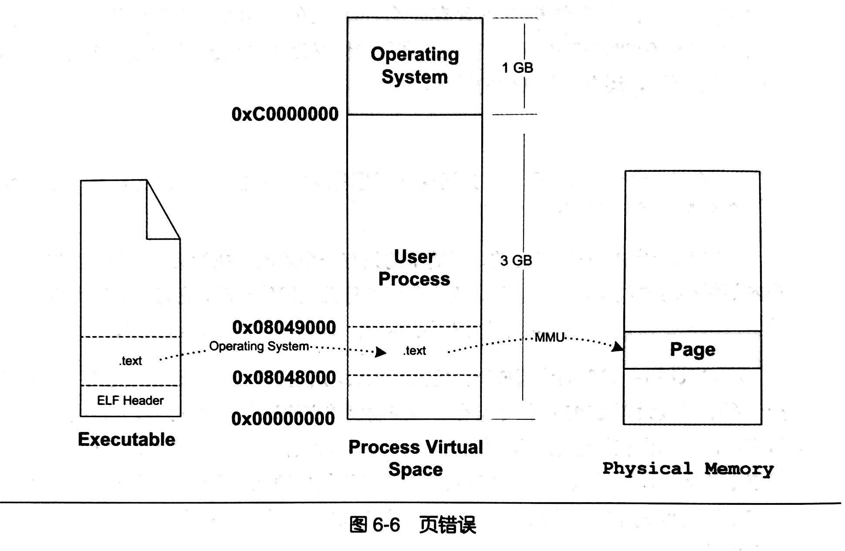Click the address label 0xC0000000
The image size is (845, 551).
[x=285, y=114]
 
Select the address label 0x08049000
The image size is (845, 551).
[x=284, y=327]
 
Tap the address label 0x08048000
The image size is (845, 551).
[x=284, y=378]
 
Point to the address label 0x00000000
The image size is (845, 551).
[x=283, y=418]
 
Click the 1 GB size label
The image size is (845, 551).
[x=517, y=68]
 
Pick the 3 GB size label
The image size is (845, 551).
[x=516, y=261]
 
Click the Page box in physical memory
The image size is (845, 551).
[x=693, y=350]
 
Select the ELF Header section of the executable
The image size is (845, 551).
[x=130, y=401]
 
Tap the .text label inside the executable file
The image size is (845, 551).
[x=131, y=361]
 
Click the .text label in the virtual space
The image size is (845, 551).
[x=415, y=350]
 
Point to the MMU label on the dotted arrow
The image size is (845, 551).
[x=549, y=337]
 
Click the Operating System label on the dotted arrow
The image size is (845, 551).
[x=259, y=346]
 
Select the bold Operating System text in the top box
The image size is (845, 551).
[x=415, y=65]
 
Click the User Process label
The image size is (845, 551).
[x=414, y=268]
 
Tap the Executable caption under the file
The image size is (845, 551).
[x=127, y=439]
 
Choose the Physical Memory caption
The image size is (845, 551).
[x=688, y=469]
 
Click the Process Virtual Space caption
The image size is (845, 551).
[x=416, y=458]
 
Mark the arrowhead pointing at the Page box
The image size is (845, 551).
[x=618, y=347]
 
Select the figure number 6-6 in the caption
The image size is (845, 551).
[x=386, y=524]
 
